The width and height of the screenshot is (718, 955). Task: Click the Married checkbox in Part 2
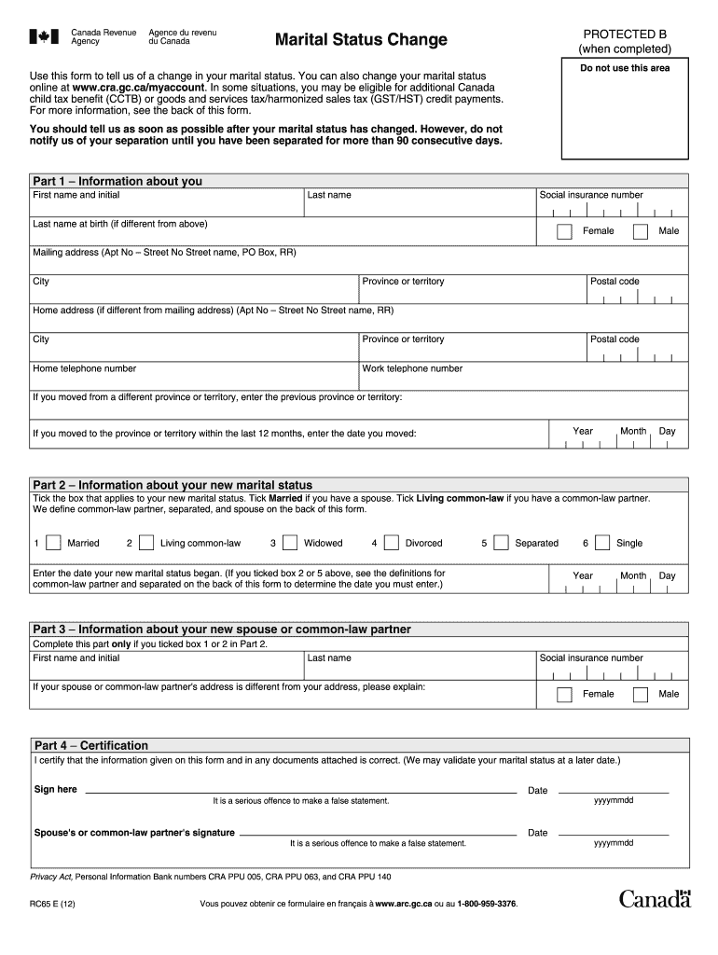(x=54, y=543)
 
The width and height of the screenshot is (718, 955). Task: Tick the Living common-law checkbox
(x=146, y=543)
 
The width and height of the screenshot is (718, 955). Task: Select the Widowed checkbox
(x=290, y=543)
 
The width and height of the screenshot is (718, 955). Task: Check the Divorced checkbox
(x=391, y=543)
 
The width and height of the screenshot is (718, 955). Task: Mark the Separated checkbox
(x=502, y=543)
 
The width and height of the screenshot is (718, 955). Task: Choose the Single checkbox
(x=602, y=543)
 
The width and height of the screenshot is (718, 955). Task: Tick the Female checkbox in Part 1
(x=564, y=231)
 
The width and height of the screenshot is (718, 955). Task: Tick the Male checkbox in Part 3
(x=640, y=694)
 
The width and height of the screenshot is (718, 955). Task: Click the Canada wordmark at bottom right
(x=654, y=899)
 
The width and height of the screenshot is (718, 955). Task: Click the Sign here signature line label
(x=56, y=790)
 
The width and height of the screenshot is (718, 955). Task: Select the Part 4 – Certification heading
(x=91, y=745)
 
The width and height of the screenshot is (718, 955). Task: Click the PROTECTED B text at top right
(x=624, y=33)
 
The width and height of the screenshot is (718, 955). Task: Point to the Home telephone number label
(x=85, y=368)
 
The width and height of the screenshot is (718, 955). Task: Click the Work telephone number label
(x=412, y=368)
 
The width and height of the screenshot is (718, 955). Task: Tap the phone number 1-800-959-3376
(x=487, y=905)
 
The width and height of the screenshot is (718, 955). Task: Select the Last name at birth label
(x=120, y=224)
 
